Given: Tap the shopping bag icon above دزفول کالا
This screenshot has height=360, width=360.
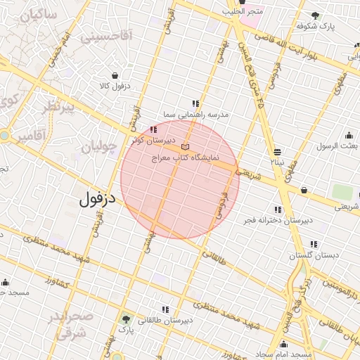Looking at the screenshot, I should [x=115, y=75].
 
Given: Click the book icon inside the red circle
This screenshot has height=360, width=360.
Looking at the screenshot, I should [x=185, y=146].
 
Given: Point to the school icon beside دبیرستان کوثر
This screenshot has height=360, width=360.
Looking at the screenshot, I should [x=153, y=129].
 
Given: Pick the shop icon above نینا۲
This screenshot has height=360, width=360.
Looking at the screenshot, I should [x=278, y=152].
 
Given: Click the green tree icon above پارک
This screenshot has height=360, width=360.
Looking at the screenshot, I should [x=127, y=319].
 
